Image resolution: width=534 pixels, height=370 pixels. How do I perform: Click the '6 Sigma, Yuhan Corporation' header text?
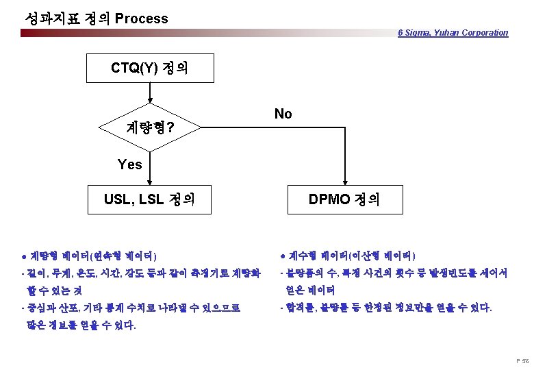tap(453, 32)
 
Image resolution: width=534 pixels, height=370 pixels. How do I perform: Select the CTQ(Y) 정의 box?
tap(150, 69)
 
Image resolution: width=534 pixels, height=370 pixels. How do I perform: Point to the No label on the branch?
tap(283, 114)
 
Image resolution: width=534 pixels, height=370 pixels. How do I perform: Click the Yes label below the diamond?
tap(129, 164)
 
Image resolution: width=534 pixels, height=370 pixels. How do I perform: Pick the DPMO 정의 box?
tap(344, 199)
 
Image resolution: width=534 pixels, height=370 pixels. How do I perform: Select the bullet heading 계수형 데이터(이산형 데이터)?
tap(348, 256)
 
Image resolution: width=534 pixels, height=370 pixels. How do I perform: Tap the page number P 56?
tap(522, 360)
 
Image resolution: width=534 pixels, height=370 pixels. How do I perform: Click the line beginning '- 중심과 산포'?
tap(131, 308)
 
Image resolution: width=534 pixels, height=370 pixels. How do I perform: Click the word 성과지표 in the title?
tap(47, 18)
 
